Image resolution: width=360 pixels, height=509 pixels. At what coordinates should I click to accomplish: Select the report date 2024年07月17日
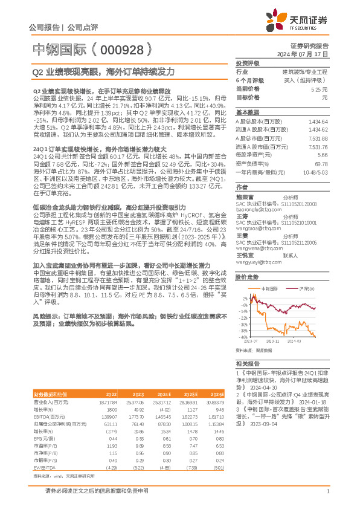(x=305, y=54)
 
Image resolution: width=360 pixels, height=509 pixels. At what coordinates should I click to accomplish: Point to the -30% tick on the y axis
(x=244, y=330)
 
